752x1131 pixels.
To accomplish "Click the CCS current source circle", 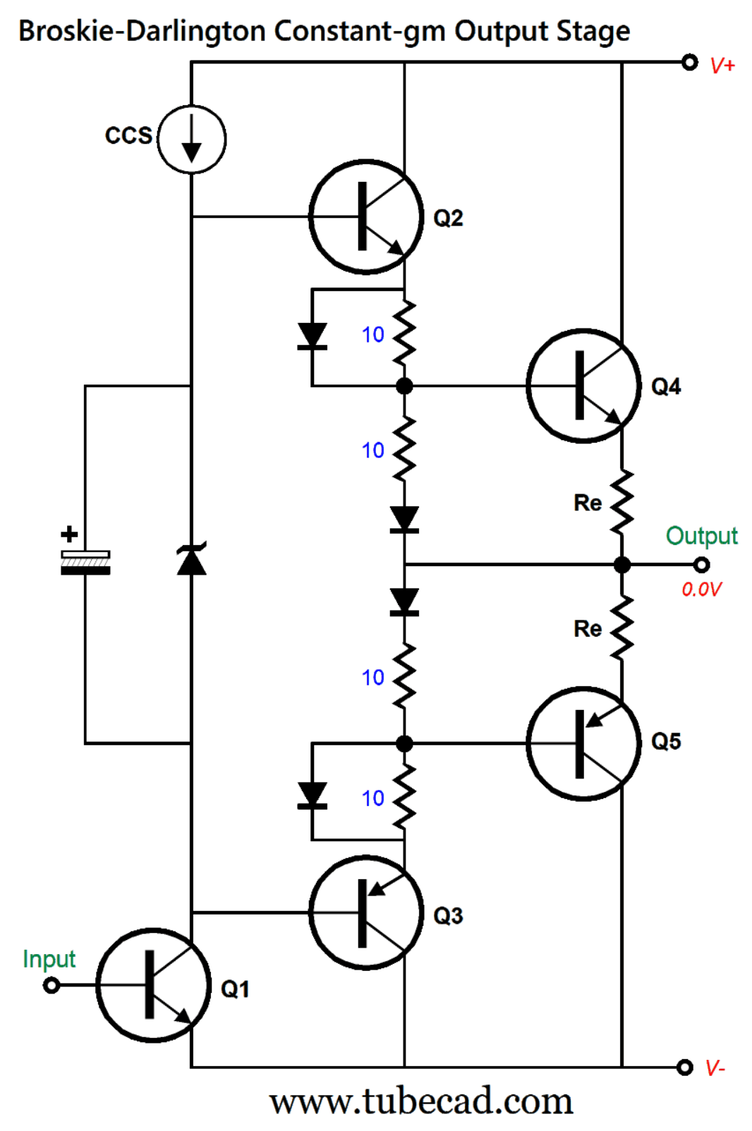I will pyautogui.click(x=191, y=139).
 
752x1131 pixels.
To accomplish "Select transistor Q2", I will pyautogui.click(x=366, y=216).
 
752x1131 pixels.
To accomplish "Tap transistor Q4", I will pyautogui.click(x=583, y=386).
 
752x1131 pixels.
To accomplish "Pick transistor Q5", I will pyautogui.click(x=583, y=743).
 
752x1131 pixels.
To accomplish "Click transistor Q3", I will pyautogui.click(x=366, y=912).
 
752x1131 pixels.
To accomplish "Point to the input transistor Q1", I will pyautogui.click(x=153, y=985).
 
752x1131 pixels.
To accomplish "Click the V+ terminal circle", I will pyautogui.click(x=689, y=62).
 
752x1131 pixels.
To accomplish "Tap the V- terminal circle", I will pyautogui.click(x=684, y=1067).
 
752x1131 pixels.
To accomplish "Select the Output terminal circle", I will pyautogui.click(x=701, y=565).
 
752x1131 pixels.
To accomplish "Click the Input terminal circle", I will pyautogui.click(x=51, y=985).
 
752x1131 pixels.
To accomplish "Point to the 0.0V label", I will pyautogui.click(x=701, y=589).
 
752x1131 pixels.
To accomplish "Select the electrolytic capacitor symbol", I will pyautogui.click(x=85, y=562).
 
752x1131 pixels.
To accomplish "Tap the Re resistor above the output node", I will pyautogui.click(x=621, y=502).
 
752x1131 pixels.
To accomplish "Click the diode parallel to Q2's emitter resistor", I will pyautogui.click(x=312, y=336).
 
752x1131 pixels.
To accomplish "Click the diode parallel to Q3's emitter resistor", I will pyautogui.click(x=312, y=795).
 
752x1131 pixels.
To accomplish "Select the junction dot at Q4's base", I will pyautogui.click(x=404, y=386).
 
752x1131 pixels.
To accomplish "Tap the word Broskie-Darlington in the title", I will pyautogui.click(x=142, y=32).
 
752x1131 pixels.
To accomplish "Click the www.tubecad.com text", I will pyautogui.click(x=421, y=1101).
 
